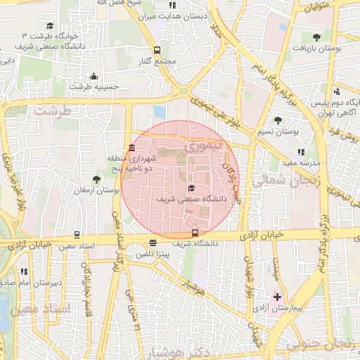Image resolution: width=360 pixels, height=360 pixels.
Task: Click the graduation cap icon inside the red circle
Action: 192,188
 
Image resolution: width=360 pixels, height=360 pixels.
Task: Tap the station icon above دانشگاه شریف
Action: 195,233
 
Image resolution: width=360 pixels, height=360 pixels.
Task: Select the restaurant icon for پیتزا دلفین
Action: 153,243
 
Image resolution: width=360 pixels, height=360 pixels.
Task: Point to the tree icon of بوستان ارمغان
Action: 96,180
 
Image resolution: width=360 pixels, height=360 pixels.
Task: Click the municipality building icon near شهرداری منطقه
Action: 133,148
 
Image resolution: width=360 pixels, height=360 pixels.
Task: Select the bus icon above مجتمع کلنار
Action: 157,50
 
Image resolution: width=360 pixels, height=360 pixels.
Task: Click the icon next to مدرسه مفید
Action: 301,152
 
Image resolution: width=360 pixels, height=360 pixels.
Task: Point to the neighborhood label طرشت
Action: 53,111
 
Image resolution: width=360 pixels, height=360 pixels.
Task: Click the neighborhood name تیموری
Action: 205,146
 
